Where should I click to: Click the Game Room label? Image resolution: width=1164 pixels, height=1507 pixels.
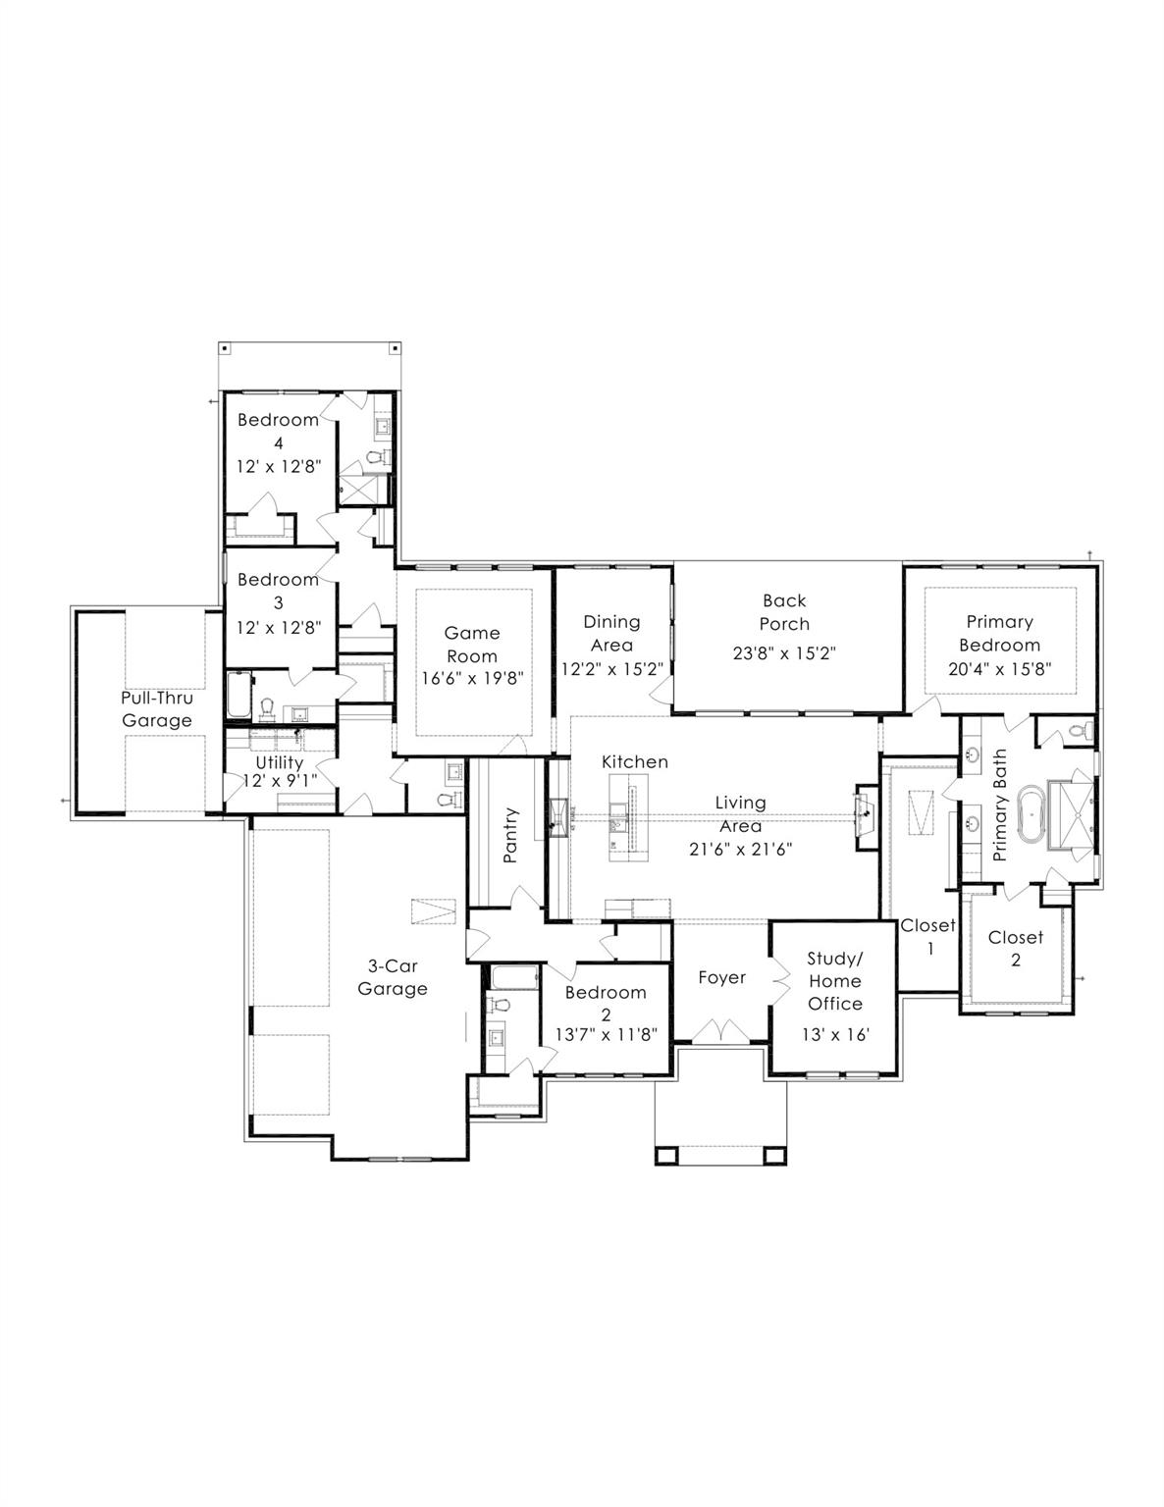(472, 645)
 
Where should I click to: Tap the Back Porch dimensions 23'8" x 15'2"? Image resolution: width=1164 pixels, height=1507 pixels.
(784, 653)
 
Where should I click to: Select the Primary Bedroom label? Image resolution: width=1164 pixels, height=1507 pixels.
(999, 633)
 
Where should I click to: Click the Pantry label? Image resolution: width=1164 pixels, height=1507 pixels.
(509, 835)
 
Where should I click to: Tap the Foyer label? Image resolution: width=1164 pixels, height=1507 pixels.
(721, 977)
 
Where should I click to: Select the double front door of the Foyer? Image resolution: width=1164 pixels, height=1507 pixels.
(721, 1031)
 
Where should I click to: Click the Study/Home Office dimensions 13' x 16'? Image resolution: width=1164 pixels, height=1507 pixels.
(835, 1034)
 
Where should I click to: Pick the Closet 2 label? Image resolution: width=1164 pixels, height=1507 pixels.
(1015, 948)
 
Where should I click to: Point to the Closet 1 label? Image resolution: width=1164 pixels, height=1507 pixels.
(927, 937)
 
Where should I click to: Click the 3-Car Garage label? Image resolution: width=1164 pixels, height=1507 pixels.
(392, 977)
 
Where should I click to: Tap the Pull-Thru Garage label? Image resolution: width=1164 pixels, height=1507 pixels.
(157, 709)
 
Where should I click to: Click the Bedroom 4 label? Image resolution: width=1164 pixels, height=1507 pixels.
(279, 431)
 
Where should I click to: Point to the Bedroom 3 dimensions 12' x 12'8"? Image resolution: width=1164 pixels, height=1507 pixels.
(279, 627)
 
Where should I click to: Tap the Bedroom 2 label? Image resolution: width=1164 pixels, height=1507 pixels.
(606, 1003)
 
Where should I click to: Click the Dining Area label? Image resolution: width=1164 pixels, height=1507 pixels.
(611, 633)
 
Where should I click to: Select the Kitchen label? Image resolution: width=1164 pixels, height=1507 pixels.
(635, 761)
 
